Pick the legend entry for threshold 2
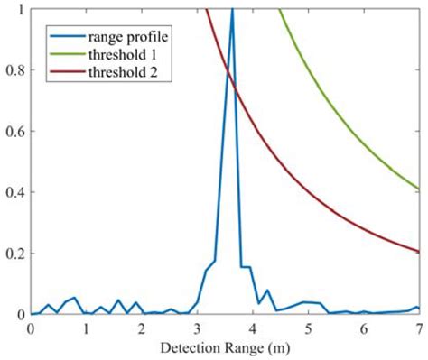[x=124, y=71]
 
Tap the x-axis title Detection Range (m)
[x=226, y=348]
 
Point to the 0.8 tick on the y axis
[x=17, y=70]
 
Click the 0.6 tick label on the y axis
[x=17, y=132]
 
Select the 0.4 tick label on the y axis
[x=17, y=192]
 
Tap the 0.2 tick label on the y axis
[x=17, y=254]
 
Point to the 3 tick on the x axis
[x=198, y=329]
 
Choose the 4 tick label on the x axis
[x=253, y=329]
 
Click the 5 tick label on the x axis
[x=308, y=329]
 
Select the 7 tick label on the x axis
[x=418, y=329]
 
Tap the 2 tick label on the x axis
[x=142, y=329]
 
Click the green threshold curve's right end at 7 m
[x=418, y=189]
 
